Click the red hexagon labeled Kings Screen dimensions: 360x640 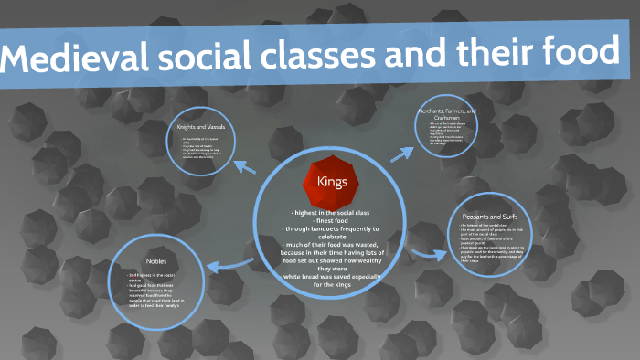click(332, 180)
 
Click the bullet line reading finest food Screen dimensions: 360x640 click(331, 220)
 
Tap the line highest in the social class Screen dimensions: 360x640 click(331, 212)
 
